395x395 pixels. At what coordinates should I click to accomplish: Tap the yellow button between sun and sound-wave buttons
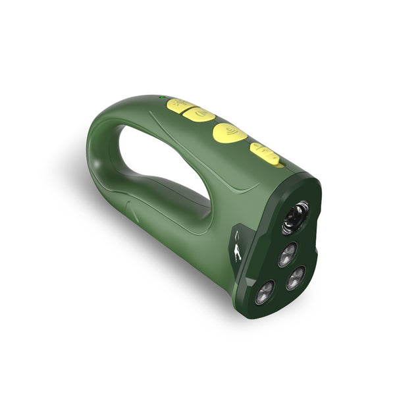pyautogui.click(x=198, y=115)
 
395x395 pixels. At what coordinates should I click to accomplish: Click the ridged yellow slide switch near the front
pyautogui.click(x=266, y=154)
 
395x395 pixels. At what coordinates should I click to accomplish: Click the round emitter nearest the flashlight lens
pyautogui.click(x=287, y=254)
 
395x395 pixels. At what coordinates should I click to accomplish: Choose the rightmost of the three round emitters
pyautogui.click(x=296, y=277)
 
